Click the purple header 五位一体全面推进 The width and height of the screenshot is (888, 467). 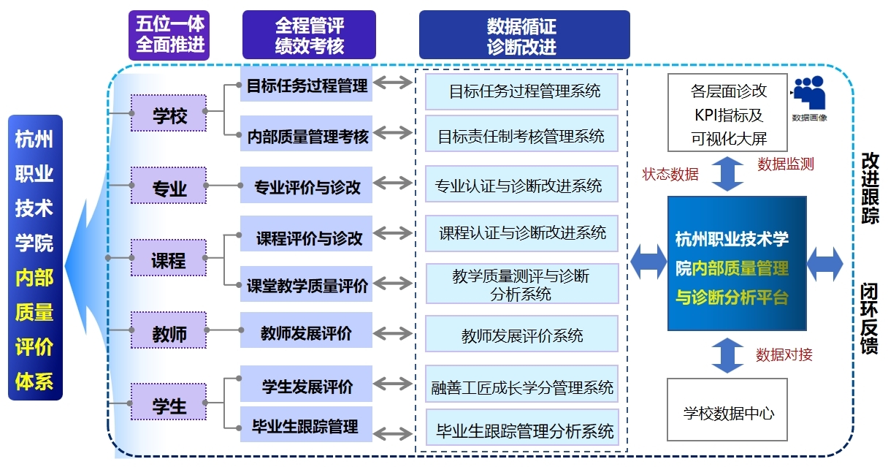169,35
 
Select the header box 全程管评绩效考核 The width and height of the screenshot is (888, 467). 309,35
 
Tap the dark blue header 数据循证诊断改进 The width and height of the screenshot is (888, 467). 524,35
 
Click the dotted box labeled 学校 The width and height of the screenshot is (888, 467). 169,113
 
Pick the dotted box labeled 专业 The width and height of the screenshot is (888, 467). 169,186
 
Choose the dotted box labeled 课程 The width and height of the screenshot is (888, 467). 169,257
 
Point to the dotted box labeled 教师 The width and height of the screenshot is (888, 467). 169,330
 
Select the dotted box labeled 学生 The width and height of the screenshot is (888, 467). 169,402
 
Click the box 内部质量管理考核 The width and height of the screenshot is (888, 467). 307,134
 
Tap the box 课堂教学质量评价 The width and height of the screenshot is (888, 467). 307,284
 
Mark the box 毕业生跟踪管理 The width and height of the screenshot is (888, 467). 307,424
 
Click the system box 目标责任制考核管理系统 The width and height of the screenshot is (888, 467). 521,134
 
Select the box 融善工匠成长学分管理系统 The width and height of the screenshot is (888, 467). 522,384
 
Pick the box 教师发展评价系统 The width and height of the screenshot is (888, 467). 521,334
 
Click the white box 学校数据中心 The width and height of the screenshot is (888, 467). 727,409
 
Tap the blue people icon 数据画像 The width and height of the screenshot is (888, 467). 810,93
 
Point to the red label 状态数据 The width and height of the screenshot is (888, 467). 670,174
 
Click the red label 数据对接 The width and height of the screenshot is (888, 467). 784,354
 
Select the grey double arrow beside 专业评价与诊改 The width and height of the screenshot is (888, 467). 392,183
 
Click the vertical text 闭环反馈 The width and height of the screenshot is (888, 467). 869,318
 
